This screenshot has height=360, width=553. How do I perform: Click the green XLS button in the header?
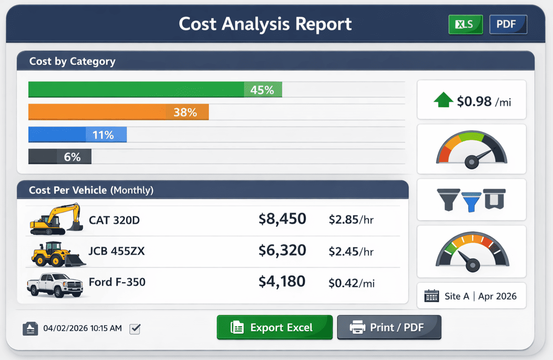[x=465, y=25]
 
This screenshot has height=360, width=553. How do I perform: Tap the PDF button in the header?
[x=508, y=25]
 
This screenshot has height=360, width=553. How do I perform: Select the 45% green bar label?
[x=262, y=90]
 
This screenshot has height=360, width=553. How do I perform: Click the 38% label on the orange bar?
[x=185, y=112]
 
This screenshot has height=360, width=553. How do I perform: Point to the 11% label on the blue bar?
[x=103, y=135]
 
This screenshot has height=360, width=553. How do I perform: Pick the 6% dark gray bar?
[x=60, y=157]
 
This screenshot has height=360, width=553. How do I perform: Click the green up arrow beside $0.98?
[x=443, y=100]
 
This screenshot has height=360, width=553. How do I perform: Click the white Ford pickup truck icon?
[x=55, y=285]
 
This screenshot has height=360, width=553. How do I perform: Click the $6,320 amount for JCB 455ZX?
[x=282, y=251]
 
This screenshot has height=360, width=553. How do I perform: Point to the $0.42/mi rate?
[x=351, y=283]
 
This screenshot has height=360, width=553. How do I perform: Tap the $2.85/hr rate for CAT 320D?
[x=351, y=220]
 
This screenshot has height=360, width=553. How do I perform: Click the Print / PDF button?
[x=389, y=327]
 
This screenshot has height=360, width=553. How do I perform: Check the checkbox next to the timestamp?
[x=135, y=329]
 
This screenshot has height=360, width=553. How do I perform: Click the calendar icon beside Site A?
[x=431, y=296]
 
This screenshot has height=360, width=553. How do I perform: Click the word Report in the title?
[x=324, y=24]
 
